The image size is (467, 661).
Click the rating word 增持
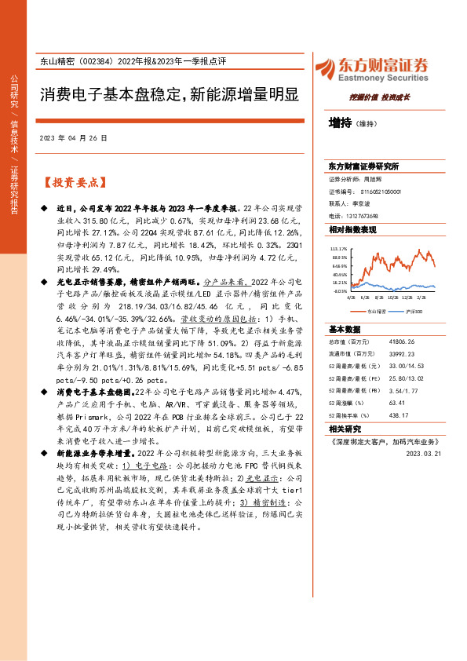[x=340, y=122]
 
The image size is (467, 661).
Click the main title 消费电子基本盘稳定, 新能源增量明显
[x=170, y=95]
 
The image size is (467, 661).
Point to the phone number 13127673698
[x=361, y=216]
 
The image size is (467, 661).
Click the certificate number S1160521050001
[x=375, y=191]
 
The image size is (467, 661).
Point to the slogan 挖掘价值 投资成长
[x=380, y=97]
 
